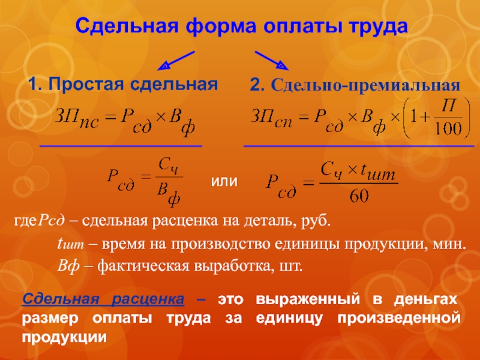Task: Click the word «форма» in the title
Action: pyautogui.click(x=220, y=26)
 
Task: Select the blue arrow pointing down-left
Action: pyautogui.click(x=176, y=61)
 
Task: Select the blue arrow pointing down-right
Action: pyautogui.click(x=272, y=61)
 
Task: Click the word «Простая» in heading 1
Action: pyautogui.click(x=86, y=84)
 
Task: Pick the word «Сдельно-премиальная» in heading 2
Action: pyautogui.click(x=365, y=85)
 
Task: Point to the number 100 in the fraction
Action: pyautogui.click(x=448, y=128)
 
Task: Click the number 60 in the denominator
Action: pyautogui.click(x=359, y=196)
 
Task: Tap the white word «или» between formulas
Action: pyautogui.click(x=224, y=181)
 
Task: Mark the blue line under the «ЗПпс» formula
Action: pyautogui.click(x=121, y=146)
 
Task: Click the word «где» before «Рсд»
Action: pyautogui.click(x=25, y=221)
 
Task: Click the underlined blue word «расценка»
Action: pyautogui.click(x=148, y=299)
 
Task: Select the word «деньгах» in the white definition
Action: pyautogui.click(x=425, y=299)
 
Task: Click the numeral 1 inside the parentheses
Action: pyautogui.click(x=413, y=117)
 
